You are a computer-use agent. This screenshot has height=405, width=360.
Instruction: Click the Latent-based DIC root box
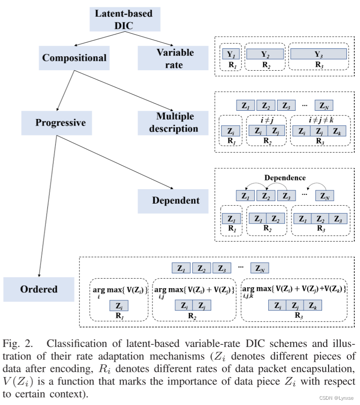click(x=124, y=19)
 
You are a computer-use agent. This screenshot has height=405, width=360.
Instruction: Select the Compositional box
click(x=74, y=58)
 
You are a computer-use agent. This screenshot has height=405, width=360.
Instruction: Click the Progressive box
click(x=60, y=123)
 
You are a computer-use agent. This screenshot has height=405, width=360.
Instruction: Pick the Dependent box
click(x=175, y=201)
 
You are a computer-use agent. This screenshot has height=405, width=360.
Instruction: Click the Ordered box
click(x=38, y=289)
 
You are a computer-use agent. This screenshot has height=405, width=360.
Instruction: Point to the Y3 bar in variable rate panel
click(x=319, y=54)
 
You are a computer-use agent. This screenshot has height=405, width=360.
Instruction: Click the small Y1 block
click(x=231, y=54)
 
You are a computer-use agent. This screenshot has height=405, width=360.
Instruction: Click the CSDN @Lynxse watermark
click(x=336, y=398)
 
